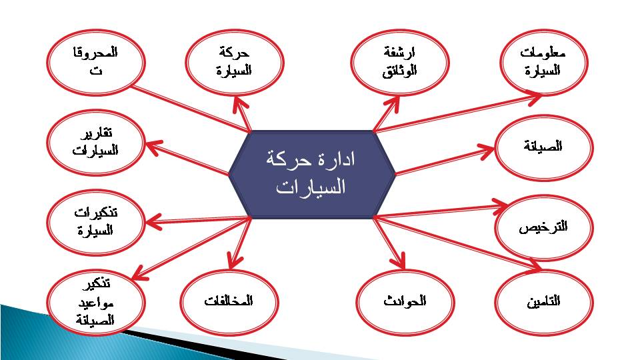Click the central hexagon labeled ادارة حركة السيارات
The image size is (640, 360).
point(312,174)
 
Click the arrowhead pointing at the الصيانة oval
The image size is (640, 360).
point(487,150)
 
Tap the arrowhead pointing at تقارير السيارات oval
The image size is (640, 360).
point(153,147)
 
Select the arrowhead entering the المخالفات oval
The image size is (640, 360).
point(234,261)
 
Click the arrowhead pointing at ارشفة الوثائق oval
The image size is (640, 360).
point(392,104)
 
